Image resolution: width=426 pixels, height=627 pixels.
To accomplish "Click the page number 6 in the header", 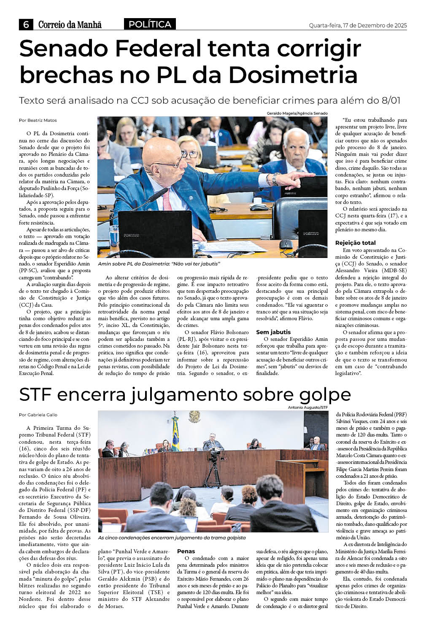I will (x=26, y=25).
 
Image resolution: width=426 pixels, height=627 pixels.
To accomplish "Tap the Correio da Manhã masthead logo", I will (x=70, y=25).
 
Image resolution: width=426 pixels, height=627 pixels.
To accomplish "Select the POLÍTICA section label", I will (x=150, y=24).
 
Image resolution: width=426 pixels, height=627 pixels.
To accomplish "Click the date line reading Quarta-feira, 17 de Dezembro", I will (x=358, y=26).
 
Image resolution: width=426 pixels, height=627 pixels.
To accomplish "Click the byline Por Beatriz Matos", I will (x=38, y=120).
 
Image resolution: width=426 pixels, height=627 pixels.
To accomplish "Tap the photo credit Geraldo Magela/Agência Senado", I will (x=297, y=113).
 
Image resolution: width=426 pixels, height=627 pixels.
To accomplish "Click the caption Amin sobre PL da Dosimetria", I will (x=159, y=264).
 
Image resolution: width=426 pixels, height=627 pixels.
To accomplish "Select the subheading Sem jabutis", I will (x=273, y=332).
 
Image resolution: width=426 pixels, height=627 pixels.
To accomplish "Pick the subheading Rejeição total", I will (x=355, y=243).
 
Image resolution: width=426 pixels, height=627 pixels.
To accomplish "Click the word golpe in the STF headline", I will (x=325, y=394).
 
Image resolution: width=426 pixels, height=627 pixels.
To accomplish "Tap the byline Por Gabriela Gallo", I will (x=38, y=415).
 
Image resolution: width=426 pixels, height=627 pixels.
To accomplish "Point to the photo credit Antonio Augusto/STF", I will (x=307, y=407).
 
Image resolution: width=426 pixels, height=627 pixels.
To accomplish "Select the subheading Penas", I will (x=186, y=551).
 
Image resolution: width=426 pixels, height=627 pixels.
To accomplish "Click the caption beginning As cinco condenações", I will (x=172, y=538).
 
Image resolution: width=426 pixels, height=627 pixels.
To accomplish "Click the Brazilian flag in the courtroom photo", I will (x=175, y=434).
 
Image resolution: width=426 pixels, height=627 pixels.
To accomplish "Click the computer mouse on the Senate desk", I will (x=286, y=244).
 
